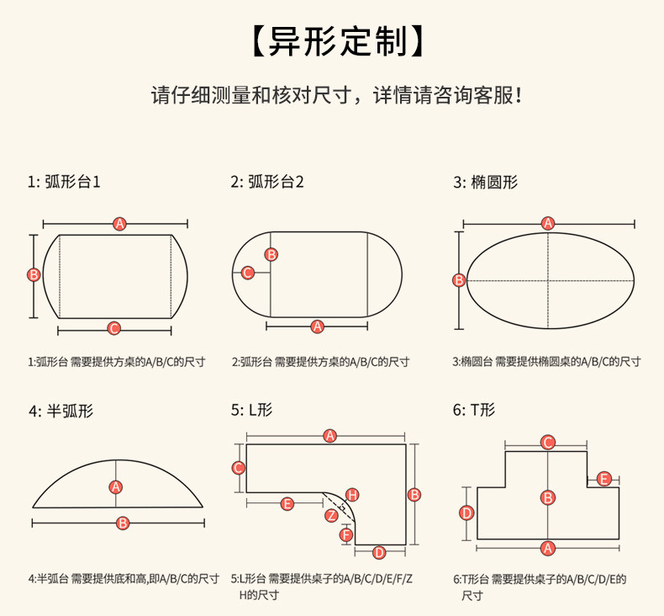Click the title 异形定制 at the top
[x=331, y=41]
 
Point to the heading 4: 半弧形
[x=61, y=411]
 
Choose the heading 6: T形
[x=474, y=411]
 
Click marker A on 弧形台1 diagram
[x=120, y=224]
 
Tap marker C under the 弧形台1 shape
[x=114, y=328]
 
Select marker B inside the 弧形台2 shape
[x=271, y=254]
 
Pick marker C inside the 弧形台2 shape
[x=248, y=273]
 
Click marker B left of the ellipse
[x=459, y=280]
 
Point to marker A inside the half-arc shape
[x=117, y=486]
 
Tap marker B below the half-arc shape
[x=123, y=523]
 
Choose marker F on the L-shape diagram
[x=346, y=534]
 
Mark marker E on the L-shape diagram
[x=287, y=503]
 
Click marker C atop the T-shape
[x=548, y=442]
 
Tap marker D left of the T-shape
[x=466, y=512]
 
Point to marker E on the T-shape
[x=603, y=479]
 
